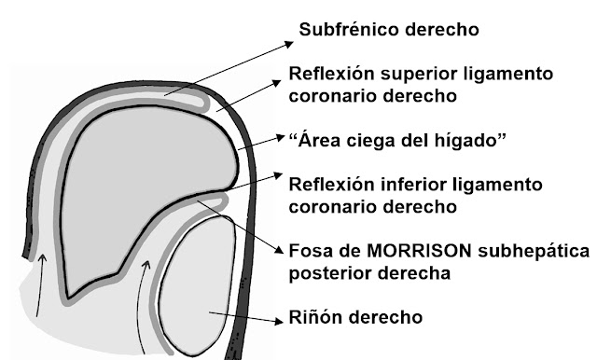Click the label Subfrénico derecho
click(389, 30)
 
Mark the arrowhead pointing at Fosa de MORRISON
click(281, 254)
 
